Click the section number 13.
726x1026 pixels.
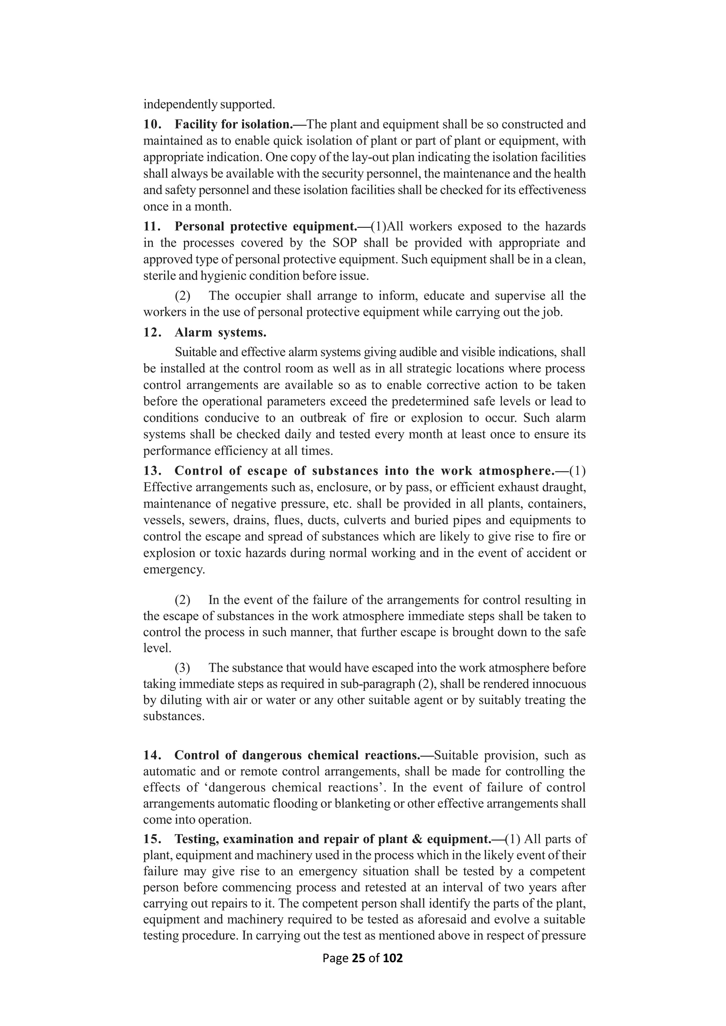(x=152, y=470)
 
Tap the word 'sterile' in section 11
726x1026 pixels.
(x=159, y=276)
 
